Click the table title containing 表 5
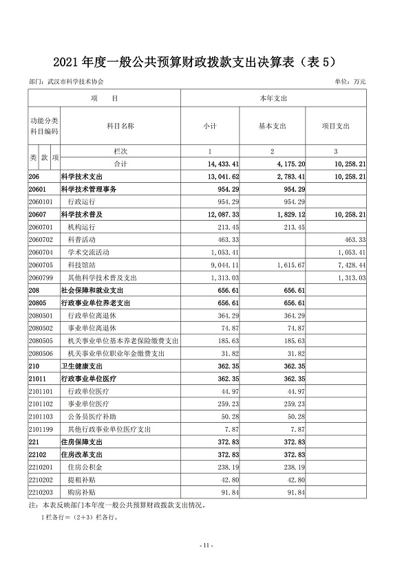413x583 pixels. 206,62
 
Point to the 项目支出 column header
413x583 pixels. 336,126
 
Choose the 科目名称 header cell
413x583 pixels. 120,126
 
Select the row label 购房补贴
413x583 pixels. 81,492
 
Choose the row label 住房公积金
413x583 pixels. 83,467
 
